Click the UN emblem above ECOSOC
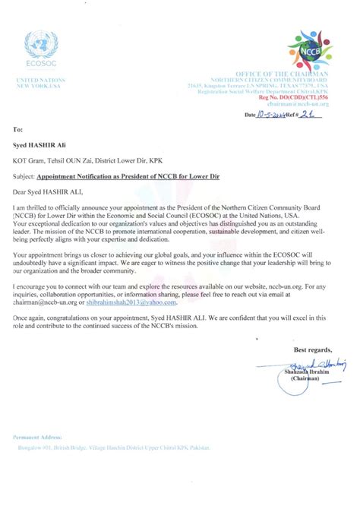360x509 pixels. point(40,44)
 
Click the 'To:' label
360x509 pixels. point(18,131)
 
